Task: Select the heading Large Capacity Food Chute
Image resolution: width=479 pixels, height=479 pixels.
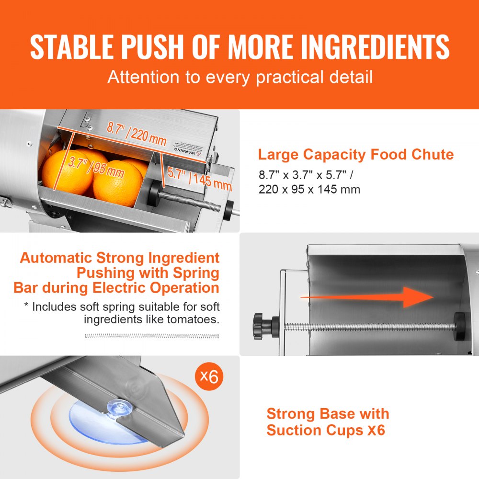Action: pos(355,155)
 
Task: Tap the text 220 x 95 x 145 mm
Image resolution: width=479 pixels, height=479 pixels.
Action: pos(309,189)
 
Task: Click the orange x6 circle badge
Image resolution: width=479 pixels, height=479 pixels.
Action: pos(209,376)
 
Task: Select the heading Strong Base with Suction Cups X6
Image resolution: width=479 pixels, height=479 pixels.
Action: pos(328,422)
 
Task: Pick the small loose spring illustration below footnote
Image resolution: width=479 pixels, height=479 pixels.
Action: pos(152,336)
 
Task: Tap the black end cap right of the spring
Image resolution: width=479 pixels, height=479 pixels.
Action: pos(459,326)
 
